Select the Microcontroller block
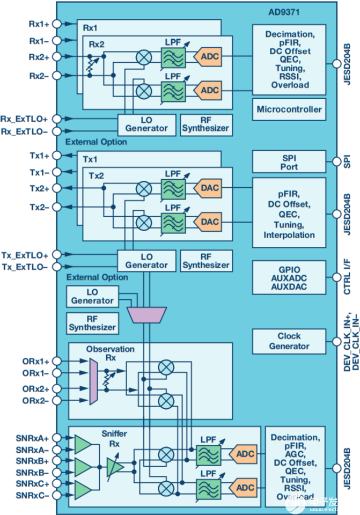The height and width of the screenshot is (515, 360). [289, 109]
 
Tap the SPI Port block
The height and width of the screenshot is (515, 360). [289, 161]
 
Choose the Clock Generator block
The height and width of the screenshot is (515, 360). [289, 341]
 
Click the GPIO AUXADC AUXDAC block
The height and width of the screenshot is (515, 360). [289, 277]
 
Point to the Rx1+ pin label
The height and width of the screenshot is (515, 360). [39, 24]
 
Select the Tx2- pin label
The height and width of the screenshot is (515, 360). [39, 207]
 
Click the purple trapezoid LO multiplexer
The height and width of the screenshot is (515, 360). [146, 314]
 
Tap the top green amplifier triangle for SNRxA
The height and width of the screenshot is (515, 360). [82, 444]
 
